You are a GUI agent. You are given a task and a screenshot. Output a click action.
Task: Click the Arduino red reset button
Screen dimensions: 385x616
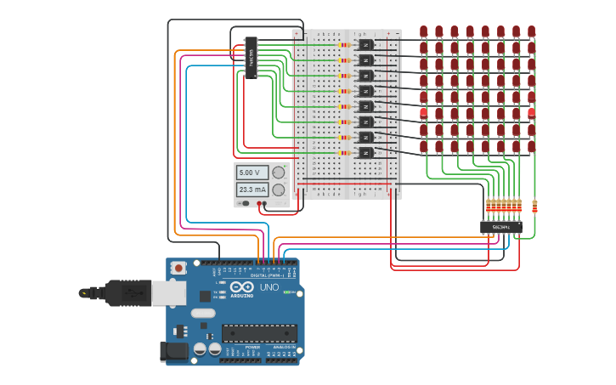click(x=178, y=268)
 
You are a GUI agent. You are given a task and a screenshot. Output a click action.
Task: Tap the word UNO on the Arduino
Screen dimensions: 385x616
click(x=269, y=287)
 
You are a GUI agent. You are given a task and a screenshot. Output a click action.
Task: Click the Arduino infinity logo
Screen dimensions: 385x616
click(x=241, y=287)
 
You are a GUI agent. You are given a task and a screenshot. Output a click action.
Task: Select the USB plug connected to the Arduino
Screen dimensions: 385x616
click(x=127, y=292)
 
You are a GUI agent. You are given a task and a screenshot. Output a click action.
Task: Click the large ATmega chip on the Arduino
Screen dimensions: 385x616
click(x=259, y=334)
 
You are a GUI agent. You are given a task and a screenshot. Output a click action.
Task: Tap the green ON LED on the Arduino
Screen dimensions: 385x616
click(x=287, y=292)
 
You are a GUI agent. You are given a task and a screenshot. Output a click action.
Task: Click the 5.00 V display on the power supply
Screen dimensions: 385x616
click(x=251, y=173)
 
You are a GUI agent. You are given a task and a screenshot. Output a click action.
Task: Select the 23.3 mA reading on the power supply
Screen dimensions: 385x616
click(x=251, y=190)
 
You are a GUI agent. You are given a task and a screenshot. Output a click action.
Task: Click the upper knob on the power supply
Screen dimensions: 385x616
click(x=278, y=173)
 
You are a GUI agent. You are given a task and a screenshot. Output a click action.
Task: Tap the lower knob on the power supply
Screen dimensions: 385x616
click(x=278, y=190)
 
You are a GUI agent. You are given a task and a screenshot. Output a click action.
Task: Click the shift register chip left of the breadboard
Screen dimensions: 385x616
click(x=251, y=56)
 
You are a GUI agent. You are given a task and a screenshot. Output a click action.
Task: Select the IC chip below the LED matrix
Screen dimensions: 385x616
click(x=500, y=227)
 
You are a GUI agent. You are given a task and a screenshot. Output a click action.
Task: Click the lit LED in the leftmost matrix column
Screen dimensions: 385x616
click(x=423, y=113)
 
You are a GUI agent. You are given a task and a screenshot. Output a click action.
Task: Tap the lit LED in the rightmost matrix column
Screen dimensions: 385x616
click(x=531, y=113)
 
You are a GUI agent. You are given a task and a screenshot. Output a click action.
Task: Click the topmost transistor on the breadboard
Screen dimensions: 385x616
click(x=366, y=44)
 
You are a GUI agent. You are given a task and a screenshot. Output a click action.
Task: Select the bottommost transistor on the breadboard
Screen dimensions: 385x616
click(x=366, y=153)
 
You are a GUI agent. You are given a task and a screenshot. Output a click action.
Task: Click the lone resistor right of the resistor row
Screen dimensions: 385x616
click(x=534, y=205)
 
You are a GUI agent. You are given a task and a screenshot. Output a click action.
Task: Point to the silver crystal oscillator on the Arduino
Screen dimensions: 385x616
click(x=204, y=313)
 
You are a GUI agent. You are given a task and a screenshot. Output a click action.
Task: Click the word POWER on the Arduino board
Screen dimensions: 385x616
click(x=252, y=348)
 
